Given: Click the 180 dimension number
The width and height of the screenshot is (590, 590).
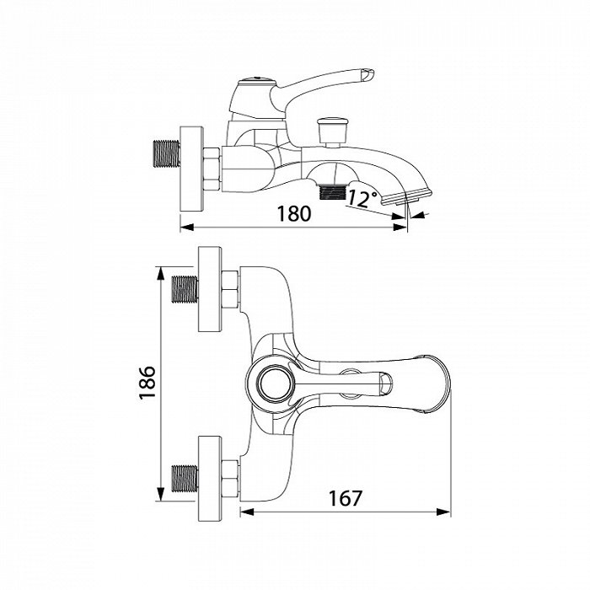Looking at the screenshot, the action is (294, 214).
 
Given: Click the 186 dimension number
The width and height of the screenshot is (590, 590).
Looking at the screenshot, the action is (147, 383).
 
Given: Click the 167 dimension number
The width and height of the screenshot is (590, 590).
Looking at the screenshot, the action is (345, 499).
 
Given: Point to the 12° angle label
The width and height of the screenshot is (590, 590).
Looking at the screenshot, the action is (362, 199).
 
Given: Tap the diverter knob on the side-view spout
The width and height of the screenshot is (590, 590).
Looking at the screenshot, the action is (329, 131).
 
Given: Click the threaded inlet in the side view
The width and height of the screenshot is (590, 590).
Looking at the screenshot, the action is (167, 153).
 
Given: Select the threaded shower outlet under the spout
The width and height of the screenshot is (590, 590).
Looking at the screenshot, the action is (332, 192).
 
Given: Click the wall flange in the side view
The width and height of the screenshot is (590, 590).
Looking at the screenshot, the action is (192, 169).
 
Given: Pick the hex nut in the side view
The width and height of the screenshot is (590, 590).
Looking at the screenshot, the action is (212, 169).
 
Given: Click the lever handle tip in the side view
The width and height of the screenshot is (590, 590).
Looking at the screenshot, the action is (367, 74).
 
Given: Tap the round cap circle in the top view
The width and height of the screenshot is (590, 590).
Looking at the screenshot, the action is (275, 384).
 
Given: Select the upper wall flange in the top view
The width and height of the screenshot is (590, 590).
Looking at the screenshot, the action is (210, 289).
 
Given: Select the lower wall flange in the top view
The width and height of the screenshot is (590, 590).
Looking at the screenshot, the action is (210, 479).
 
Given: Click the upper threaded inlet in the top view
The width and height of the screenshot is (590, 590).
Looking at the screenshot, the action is (185, 289).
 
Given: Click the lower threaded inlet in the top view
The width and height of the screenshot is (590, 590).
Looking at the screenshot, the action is (185, 479).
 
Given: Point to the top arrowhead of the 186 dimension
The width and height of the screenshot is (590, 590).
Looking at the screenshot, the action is (161, 273).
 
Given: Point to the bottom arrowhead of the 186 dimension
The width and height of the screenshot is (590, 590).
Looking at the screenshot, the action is (161, 495).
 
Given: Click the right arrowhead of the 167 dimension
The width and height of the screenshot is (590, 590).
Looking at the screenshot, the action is (443, 512).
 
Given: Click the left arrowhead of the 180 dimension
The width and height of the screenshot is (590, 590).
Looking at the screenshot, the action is (187, 227).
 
